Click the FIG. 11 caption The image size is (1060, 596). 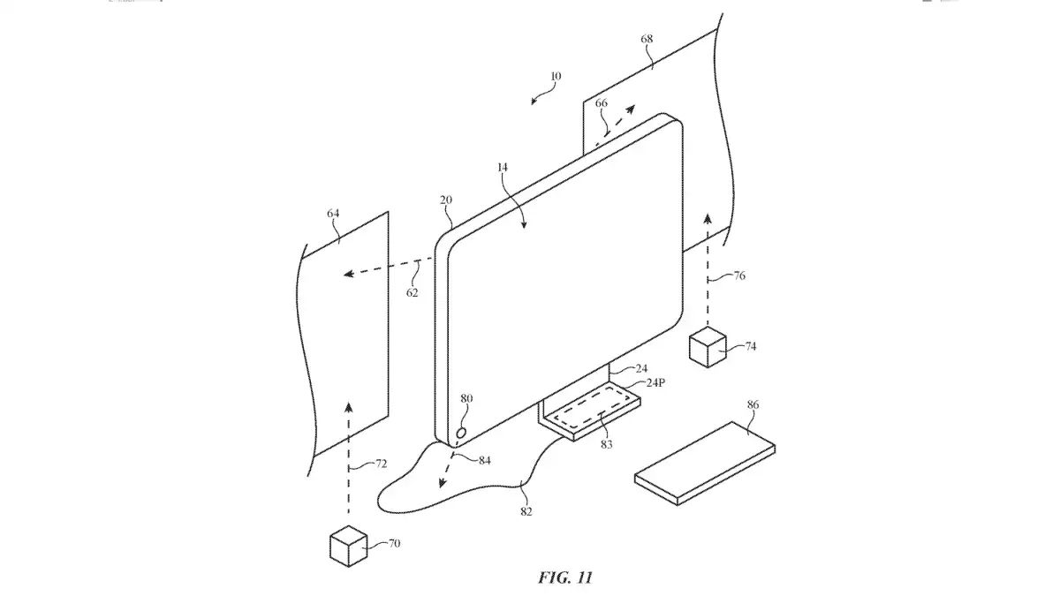[x=565, y=577]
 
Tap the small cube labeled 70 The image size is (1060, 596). [x=348, y=546]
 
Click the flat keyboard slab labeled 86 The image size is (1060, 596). [x=705, y=462]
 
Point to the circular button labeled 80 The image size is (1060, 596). [x=461, y=434]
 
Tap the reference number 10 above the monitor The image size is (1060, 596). [x=555, y=77]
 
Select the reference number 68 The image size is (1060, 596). [x=648, y=40]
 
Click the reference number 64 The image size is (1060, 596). [x=333, y=215]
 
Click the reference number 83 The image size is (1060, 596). [x=606, y=444]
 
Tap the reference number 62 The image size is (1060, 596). [x=413, y=291]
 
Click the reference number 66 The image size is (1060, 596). [x=602, y=103]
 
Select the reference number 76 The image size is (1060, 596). [x=739, y=276]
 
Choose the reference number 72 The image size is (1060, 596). [x=382, y=462]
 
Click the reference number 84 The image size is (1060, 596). [x=484, y=459]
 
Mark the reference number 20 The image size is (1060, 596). [x=446, y=200]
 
